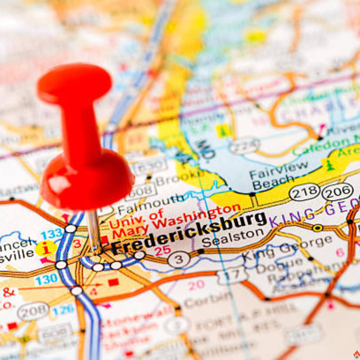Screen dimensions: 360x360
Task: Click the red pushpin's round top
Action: point(75,84)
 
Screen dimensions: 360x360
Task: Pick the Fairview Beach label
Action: point(278,174)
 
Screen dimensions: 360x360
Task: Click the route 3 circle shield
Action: point(179,260)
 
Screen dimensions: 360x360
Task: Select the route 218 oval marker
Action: point(304,192)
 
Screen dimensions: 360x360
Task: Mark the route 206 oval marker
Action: point(337,192)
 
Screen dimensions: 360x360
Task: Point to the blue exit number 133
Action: point(52,233)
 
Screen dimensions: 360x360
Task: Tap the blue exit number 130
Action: point(46,280)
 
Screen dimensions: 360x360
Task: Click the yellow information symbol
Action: point(46,249)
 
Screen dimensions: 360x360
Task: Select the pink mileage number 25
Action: point(162,250)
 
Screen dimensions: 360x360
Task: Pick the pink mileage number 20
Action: point(196,285)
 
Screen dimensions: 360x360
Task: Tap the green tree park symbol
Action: point(330,165)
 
